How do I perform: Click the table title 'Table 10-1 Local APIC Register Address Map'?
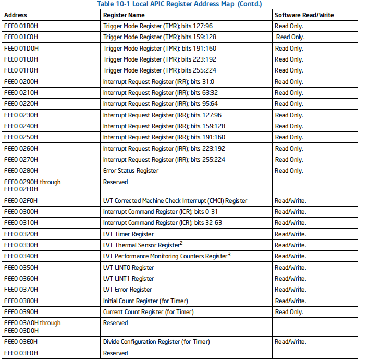(179, 4)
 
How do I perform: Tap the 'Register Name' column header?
(124, 15)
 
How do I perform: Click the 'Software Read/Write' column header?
(304, 15)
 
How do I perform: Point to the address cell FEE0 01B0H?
(21, 26)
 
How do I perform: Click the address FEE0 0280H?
(21, 171)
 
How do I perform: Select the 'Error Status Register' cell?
(131, 171)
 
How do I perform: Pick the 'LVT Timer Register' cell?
(128, 234)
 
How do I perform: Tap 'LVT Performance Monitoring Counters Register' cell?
(165, 256)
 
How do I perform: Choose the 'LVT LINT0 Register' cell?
(128, 268)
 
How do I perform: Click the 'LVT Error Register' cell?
(128, 290)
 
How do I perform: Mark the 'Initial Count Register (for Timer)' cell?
(145, 301)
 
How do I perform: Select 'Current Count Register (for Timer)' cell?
(148, 312)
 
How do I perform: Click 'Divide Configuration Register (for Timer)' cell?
(156, 342)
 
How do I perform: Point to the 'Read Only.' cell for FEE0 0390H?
(289, 312)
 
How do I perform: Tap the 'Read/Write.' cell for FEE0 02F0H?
(290, 201)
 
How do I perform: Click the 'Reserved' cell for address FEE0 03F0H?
(115, 353)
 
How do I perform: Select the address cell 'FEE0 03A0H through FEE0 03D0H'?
(32, 327)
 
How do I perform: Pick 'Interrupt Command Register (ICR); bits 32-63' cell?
(162, 223)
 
